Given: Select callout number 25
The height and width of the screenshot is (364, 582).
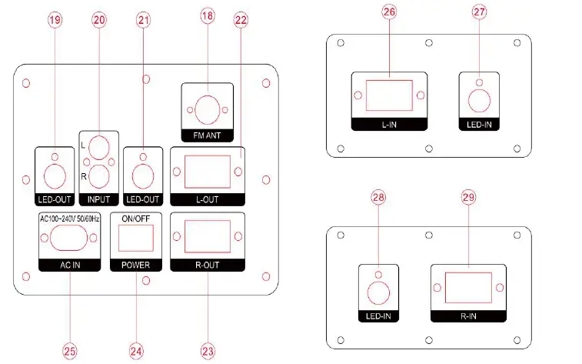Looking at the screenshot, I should point(70,350).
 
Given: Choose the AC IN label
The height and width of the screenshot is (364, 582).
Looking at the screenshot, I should point(69,265).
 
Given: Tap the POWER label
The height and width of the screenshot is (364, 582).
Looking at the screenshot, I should point(135,265).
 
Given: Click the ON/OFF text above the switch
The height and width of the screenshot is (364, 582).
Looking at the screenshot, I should point(135,219).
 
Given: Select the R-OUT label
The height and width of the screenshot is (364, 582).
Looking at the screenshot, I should point(208,265).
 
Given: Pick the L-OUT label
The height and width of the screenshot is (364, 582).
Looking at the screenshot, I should point(208,199).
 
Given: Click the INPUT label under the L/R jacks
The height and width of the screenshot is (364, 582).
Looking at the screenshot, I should point(98,199).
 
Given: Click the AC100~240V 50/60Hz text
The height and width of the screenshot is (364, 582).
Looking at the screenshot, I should point(69,219).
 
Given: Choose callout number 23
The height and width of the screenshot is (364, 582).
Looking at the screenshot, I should point(208,350).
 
